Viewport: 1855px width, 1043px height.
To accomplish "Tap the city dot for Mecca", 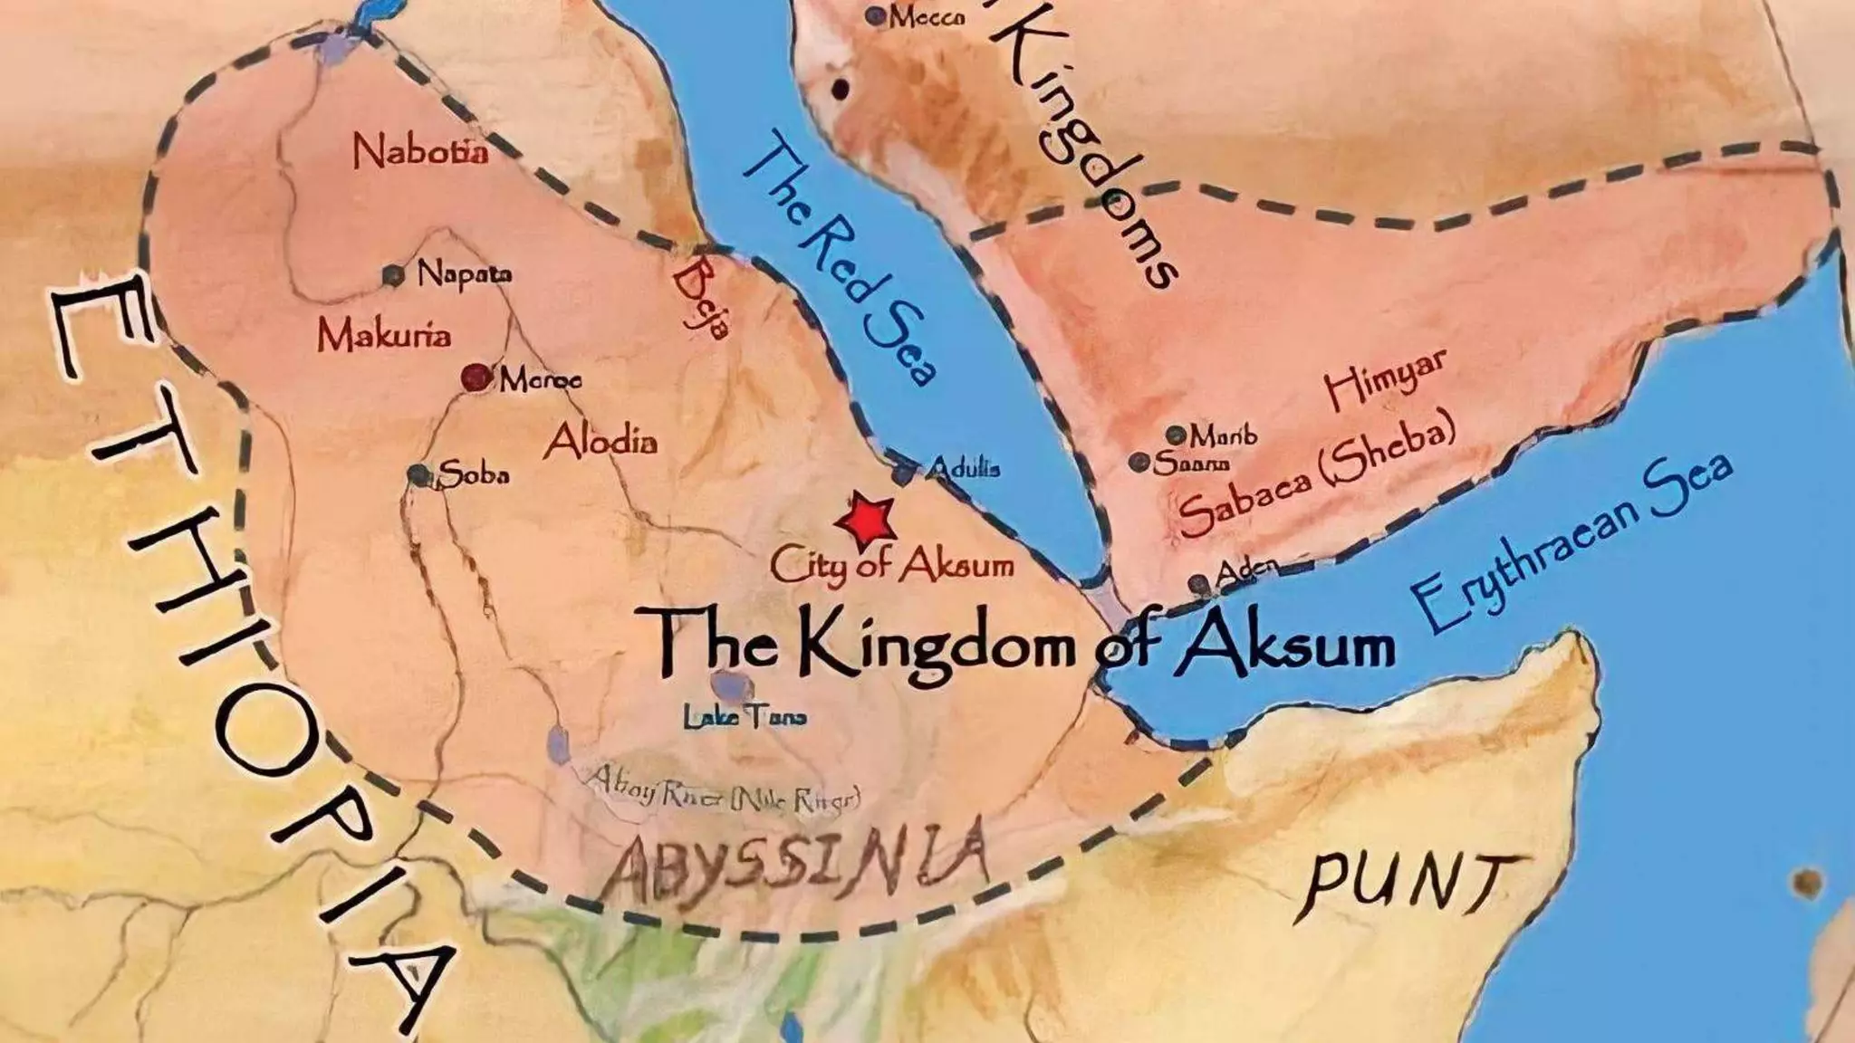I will (875, 15).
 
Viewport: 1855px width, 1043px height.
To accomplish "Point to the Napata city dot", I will (393, 275).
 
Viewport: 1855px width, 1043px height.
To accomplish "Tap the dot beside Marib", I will (1176, 435).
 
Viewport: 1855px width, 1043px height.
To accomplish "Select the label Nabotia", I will (420, 150).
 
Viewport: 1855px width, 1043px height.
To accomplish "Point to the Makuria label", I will (384, 336).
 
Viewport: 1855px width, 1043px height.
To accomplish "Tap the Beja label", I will (702, 299).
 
